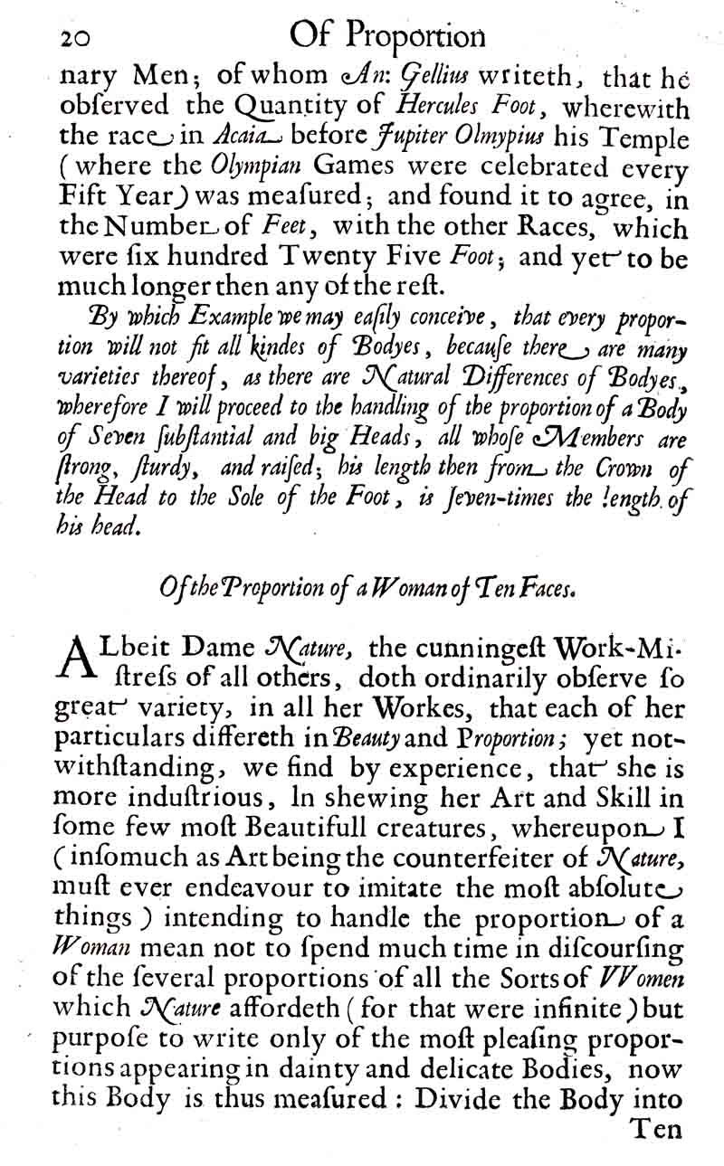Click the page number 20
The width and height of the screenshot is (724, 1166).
coord(79,38)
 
